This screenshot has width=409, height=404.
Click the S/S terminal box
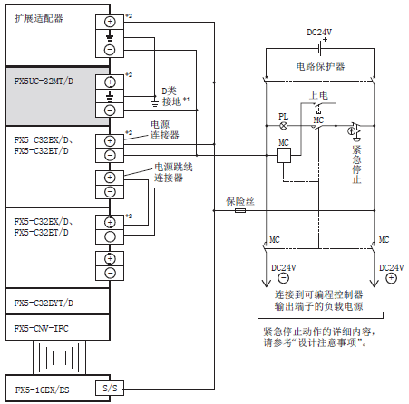pos(110,388)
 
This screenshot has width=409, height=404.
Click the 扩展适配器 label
pos(39,18)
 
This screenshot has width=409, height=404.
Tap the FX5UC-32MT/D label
pos(44,82)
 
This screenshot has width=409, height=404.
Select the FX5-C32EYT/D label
pos(44,303)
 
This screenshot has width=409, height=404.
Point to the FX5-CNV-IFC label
pos(41,328)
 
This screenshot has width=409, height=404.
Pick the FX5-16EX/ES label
pos(42,390)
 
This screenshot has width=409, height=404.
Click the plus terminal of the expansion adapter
pos(110,22)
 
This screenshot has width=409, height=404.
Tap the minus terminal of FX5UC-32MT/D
pos(110,110)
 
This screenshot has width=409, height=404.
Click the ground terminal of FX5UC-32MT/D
pos(110,96)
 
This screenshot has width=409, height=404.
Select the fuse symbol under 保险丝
pos(240,210)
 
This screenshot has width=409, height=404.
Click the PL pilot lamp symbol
pos(283,126)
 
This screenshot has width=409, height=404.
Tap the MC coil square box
pos(284,155)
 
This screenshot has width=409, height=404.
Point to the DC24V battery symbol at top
pos(320,48)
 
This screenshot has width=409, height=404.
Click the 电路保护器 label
pos(320,66)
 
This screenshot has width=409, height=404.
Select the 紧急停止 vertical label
pos(357,165)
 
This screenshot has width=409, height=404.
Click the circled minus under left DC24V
pos(283,278)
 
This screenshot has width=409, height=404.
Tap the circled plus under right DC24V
pos(391,278)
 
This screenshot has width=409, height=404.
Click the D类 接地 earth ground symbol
pos(154,104)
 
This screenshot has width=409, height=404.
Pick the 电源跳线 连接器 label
pos(173,172)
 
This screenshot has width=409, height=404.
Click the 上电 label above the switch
pos(318,95)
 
